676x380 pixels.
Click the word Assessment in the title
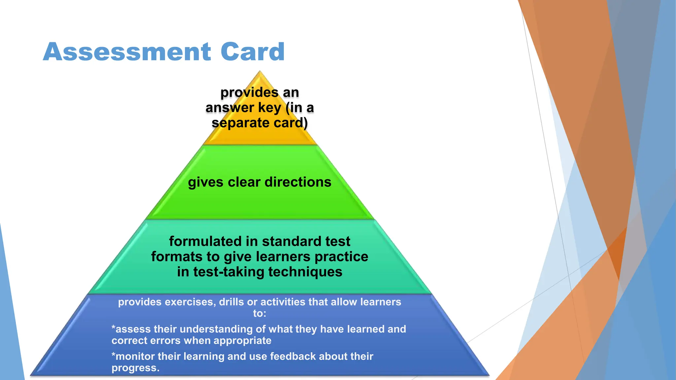pos(127,52)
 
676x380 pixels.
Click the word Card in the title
pos(253,52)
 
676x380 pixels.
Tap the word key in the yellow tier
pos(270,108)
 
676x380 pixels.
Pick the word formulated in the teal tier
pos(205,241)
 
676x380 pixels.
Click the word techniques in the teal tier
pos(305,272)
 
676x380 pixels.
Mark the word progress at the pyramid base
pos(135,368)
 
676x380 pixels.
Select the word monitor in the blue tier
pos(135,356)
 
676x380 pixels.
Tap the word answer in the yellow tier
pos(230,108)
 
